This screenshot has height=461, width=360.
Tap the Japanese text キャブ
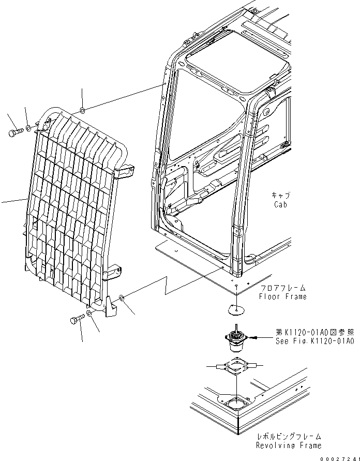[x=281, y=195]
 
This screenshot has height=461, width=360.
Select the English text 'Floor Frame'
[x=283, y=296]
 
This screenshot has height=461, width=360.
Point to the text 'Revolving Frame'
[x=289, y=445]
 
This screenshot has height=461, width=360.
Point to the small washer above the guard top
[x=82, y=111]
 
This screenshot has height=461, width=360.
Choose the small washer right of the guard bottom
[x=121, y=298]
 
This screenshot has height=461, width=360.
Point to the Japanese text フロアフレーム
[x=283, y=288]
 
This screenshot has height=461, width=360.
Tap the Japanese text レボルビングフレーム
[x=289, y=436]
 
